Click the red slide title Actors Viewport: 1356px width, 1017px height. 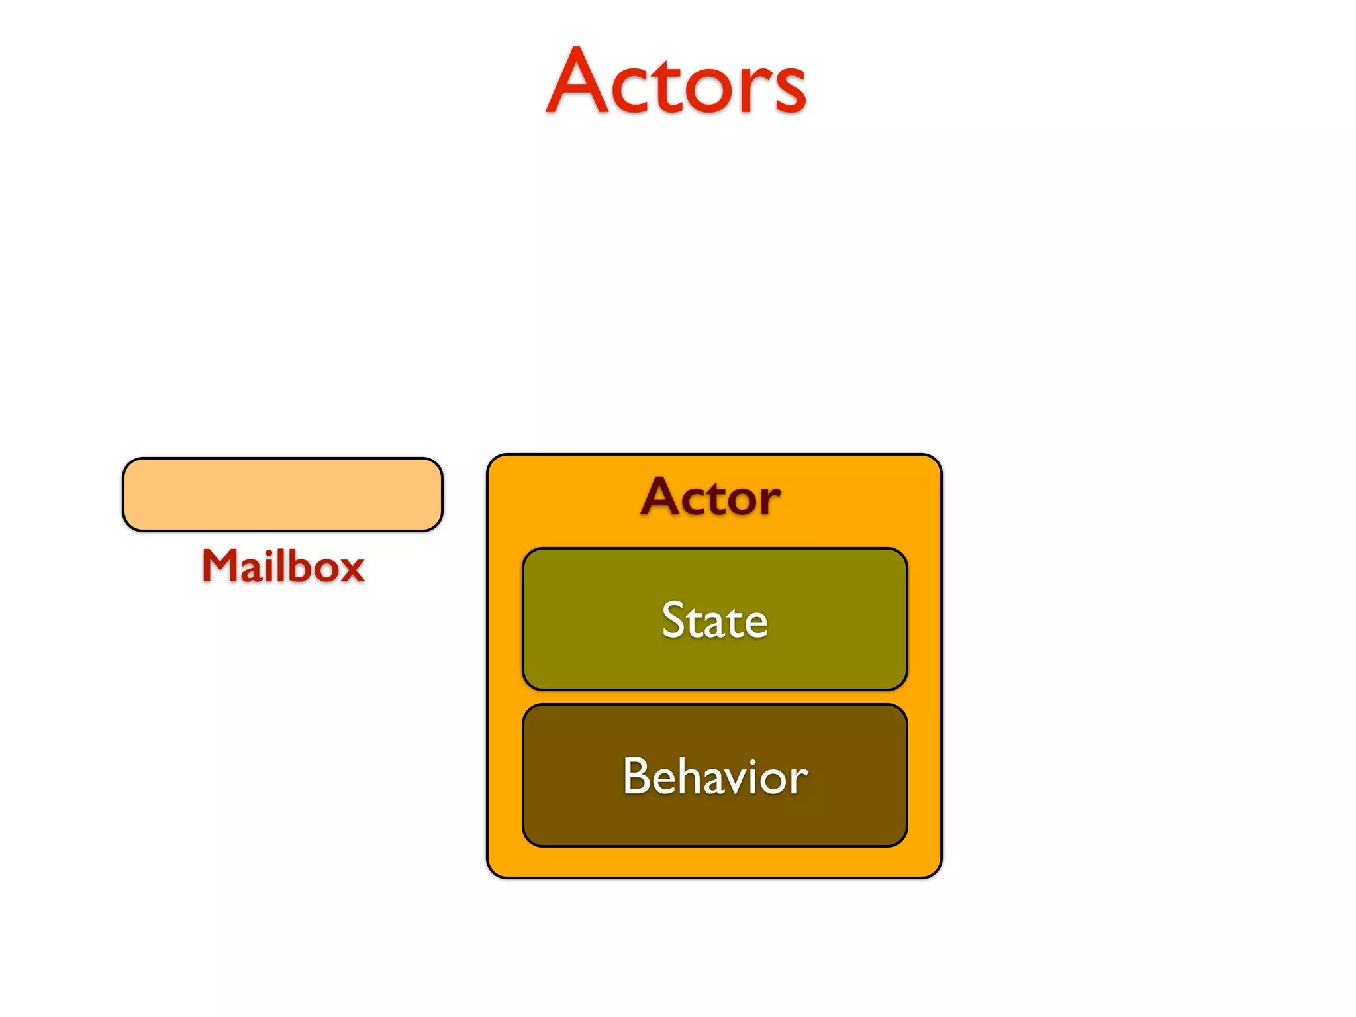(x=676, y=82)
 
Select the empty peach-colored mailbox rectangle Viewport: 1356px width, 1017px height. (x=283, y=495)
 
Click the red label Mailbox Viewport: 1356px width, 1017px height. (x=283, y=567)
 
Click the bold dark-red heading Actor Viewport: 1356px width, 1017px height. (x=710, y=497)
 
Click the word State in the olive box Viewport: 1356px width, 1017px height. (x=714, y=620)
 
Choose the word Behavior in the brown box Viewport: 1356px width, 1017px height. (x=715, y=776)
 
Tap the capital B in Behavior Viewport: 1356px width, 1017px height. (x=636, y=776)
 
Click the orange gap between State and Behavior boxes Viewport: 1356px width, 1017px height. (x=714, y=698)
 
